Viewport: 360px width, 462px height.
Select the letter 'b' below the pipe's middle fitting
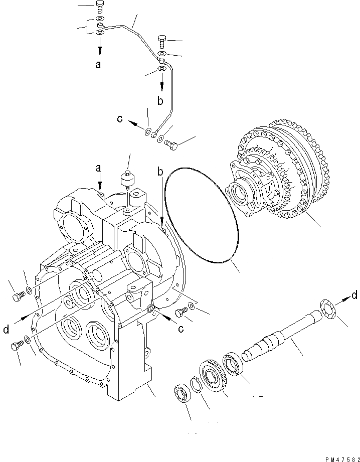[x=160, y=100]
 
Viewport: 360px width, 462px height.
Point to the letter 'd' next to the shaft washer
[x=354, y=295]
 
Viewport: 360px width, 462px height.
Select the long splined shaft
[x=281, y=341]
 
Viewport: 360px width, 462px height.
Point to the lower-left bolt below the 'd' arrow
[x=16, y=346]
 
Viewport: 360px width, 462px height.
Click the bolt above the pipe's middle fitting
[x=161, y=40]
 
